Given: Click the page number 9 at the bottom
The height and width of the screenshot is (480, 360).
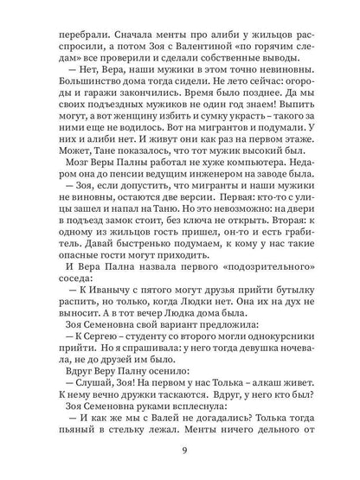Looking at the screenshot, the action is [x=180, y=449].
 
